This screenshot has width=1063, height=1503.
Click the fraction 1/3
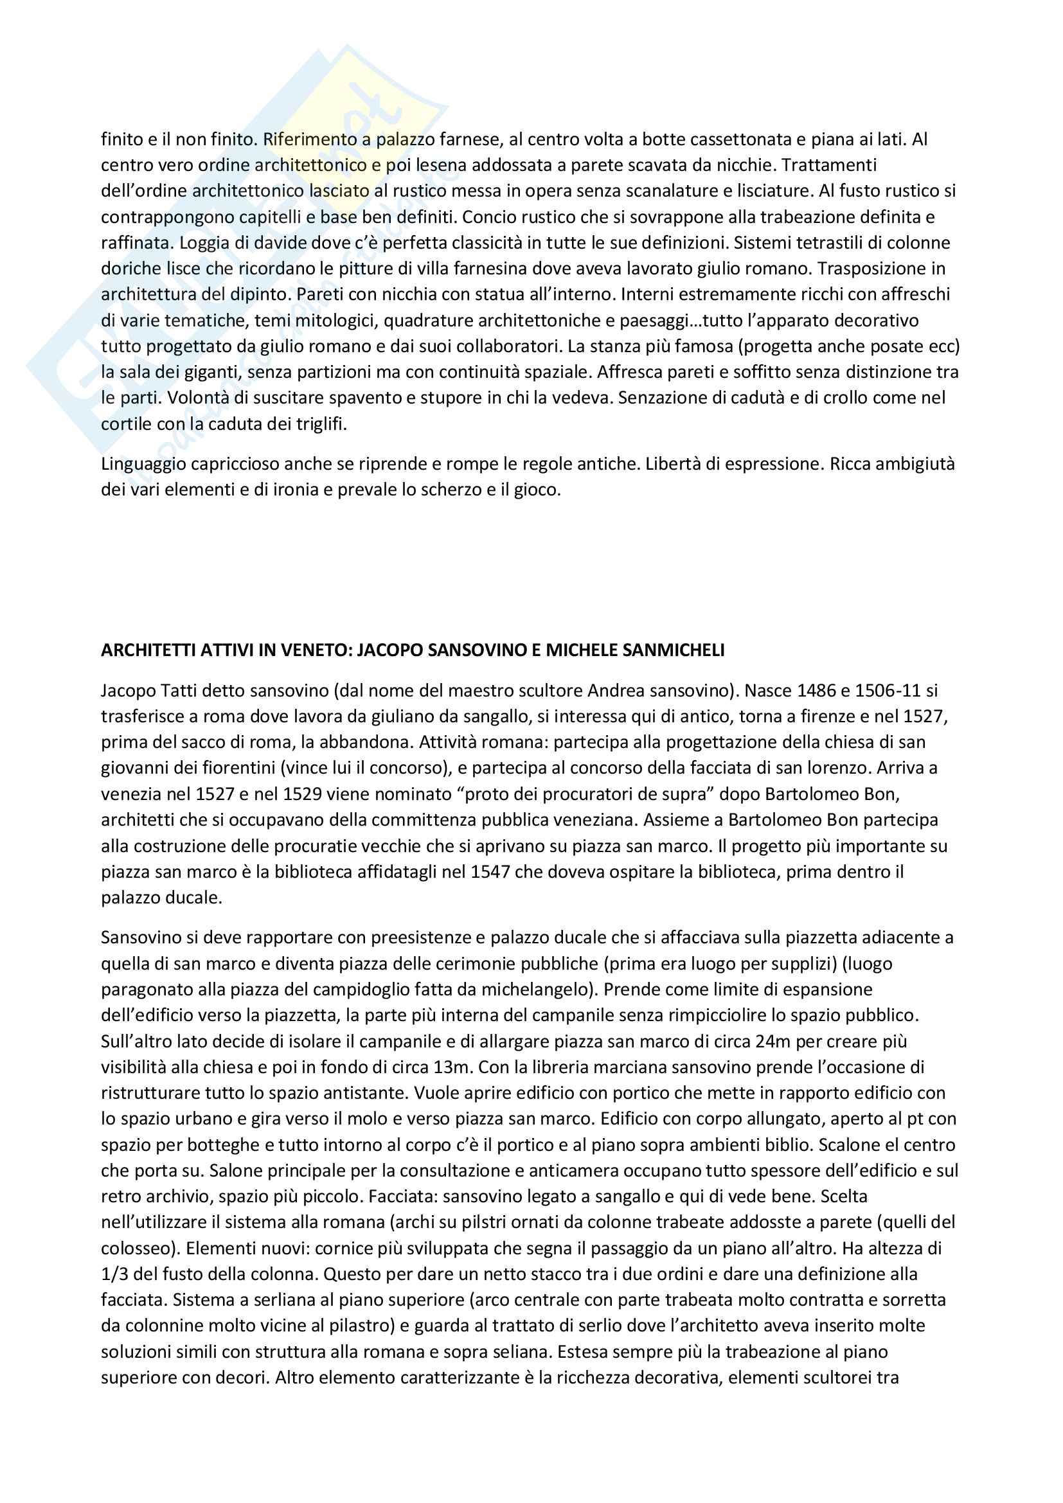[x=114, y=1274]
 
